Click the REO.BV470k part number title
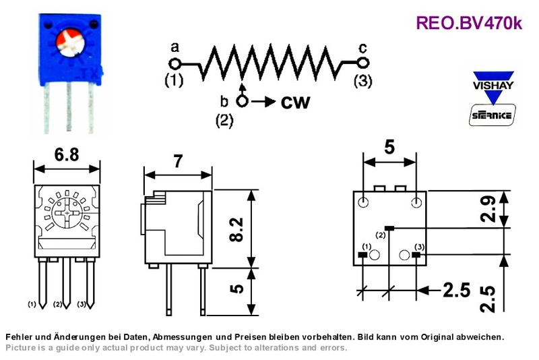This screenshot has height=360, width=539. (x=469, y=23)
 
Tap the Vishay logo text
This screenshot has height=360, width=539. (x=493, y=85)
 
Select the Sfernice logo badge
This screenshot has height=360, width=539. (x=493, y=115)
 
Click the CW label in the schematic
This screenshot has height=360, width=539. (x=295, y=102)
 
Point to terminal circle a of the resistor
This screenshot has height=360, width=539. (x=175, y=63)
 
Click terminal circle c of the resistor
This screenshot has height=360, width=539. (x=362, y=63)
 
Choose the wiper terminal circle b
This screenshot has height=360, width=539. (x=243, y=101)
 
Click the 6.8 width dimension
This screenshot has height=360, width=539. (x=67, y=154)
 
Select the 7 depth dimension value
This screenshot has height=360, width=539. (x=178, y=161)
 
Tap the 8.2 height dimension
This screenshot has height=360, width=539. (x=236, y=229)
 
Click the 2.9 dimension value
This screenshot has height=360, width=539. (x=488, y=209)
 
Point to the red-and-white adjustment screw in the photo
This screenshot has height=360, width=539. (x=71, y=42)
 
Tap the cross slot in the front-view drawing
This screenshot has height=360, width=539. (x=67, y=214)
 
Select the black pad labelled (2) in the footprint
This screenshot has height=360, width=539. (x=389, y=228)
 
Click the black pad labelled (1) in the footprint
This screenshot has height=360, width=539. (x=363, y=255)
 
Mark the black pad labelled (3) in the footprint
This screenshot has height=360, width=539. (x=416, y=255)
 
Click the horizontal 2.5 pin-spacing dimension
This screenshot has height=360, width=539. (x=456, y=290)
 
